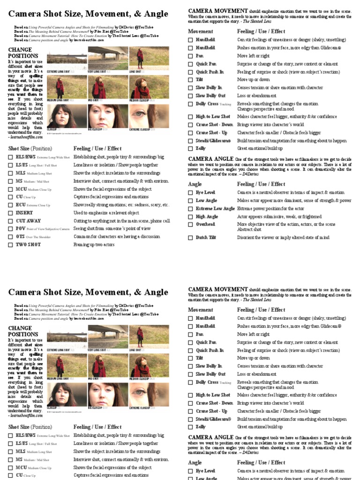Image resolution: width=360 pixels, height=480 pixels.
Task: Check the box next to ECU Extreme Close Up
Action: tap(11, 205)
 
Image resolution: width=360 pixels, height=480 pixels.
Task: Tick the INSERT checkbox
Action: tap(11, 213)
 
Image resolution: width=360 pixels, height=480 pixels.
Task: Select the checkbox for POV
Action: tap(11, 229)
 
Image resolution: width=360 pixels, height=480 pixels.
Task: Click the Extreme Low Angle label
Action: tap(215, 209)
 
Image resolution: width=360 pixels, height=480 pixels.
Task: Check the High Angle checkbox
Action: tap(191, 217)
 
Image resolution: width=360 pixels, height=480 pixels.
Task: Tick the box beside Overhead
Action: tap(191, 225)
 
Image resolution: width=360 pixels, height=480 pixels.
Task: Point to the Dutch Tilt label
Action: tap(207, 238)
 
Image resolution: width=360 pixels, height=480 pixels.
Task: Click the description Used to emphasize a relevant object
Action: tap(106, 213)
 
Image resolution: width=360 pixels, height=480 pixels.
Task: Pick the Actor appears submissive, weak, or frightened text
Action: tap(279, 217)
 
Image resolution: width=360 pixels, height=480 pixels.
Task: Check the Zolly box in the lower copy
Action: tap(191, 427)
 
